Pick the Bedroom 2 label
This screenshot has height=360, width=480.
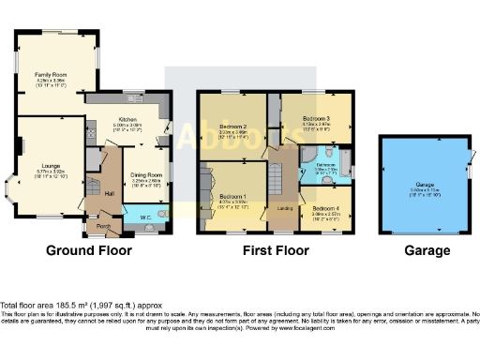pos(232,126)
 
